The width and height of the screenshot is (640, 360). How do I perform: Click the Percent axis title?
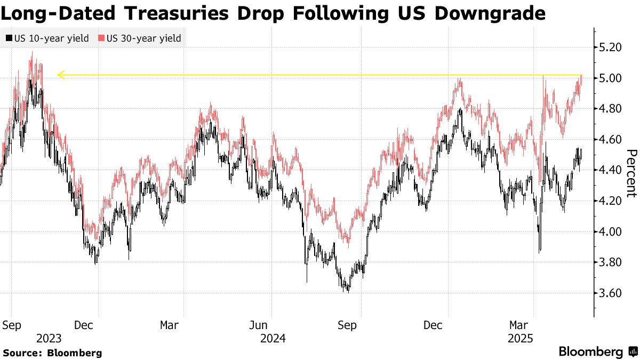pos(631,173)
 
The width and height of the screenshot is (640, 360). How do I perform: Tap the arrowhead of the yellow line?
pos(61,75)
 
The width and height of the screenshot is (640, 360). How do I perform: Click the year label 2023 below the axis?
pos(49,338)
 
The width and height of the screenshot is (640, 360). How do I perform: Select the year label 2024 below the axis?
pos(273,338)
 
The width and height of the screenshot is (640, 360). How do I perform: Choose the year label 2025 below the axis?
pos(520,338)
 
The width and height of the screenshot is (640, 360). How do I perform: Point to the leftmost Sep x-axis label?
pos(11,325)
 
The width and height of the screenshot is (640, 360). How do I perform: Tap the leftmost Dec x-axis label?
pos(84,325)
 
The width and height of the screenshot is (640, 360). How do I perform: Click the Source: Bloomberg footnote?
pos(52,353)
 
